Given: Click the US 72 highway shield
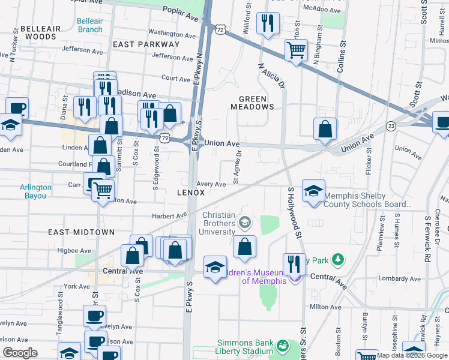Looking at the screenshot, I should (221, 29).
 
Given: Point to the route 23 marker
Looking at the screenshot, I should (391, 126).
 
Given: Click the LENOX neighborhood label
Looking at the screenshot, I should (191, 193).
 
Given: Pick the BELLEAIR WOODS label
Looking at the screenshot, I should (40, 32).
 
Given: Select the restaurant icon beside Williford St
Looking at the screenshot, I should (266, 24).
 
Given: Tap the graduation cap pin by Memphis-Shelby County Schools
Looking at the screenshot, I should (313, 191).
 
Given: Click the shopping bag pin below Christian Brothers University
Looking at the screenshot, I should (244, 247).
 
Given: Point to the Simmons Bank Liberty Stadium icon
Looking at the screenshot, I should (282, 346).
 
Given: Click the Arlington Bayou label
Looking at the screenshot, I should (35, 191).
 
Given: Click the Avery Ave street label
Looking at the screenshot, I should (211, 185).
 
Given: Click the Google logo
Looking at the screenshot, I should (20, 353).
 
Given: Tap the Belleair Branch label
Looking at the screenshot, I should (89, 25).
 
